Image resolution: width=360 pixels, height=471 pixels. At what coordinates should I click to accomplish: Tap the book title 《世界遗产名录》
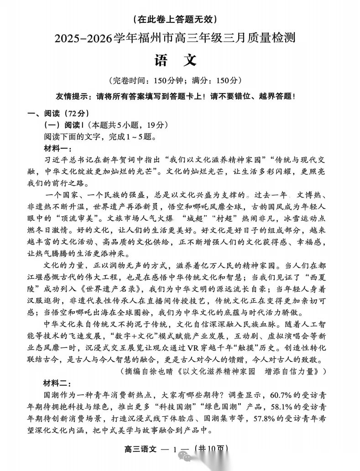pos(116,289)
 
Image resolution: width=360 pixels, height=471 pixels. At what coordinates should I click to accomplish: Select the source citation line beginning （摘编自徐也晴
pos(224,371)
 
